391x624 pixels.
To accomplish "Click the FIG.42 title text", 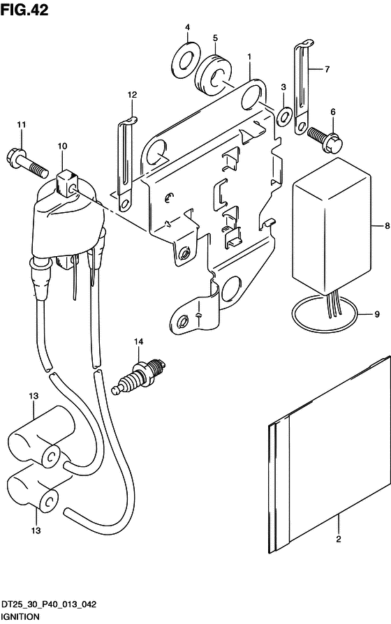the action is click(24, 10).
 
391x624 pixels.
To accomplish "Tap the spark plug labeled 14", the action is click(138, 376).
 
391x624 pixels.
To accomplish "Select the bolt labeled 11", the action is click(27, 162).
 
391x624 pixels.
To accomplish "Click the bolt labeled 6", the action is click(325, 139).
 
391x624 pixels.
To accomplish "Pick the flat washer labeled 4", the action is click(186, 59).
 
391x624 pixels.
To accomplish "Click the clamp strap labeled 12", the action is click(126, 166).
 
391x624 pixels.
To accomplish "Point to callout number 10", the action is click(62, 146).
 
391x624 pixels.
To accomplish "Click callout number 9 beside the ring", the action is click(376, 314).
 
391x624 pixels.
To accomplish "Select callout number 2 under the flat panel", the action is click(339, 540).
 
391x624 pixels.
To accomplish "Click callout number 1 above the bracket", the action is click(249, 57).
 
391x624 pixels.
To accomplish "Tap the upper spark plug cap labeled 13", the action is click(41, 436).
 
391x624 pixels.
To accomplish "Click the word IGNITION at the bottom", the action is click(20, 617).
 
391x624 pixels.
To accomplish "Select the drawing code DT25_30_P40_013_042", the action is click(48, 604).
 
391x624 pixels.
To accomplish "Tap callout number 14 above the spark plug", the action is click(138, 341).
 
